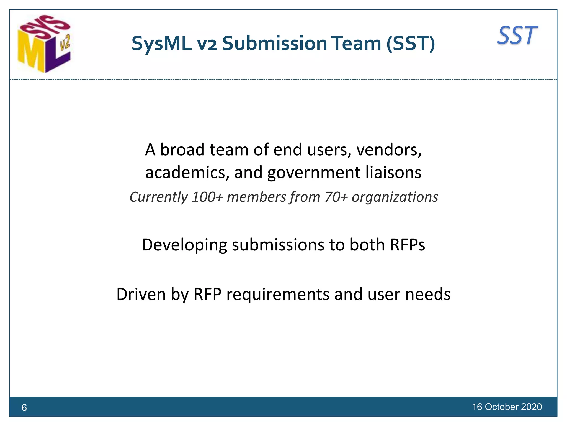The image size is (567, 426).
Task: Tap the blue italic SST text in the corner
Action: (517, 35)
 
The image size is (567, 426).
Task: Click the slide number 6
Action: (24, 407)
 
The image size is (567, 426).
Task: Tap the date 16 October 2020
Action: (507, 407)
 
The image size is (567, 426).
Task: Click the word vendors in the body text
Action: (389, 150)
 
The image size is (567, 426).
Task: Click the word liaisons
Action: (393, 173)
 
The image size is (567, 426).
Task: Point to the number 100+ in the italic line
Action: (207, 197)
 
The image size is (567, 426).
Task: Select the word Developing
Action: (184, 245)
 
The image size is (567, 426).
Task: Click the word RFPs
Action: (407, 245)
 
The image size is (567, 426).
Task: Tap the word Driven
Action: (141, 294)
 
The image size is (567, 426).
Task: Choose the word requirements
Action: (278, 295)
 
